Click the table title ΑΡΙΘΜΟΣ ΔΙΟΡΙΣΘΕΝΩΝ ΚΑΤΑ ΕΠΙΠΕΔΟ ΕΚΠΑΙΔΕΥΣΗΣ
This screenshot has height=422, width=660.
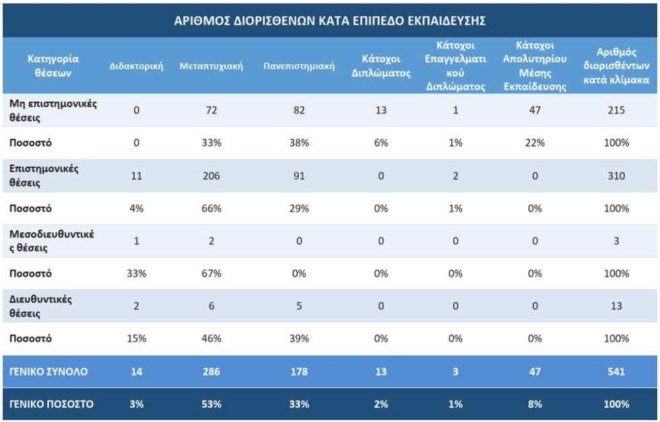pos(329,21)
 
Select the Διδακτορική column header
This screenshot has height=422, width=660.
pos(136,66)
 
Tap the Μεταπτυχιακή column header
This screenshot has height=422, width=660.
pos(211,66)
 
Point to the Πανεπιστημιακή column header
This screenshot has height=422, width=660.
pos(299,66)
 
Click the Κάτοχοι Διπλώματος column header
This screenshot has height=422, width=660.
pos(381,66)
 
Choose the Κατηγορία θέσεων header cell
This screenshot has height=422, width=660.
pos(53,65)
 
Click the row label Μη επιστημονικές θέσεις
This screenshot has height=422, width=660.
pos(53,111)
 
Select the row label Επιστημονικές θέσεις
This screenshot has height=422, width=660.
pos(44,176)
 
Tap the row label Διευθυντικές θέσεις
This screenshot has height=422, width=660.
pos(40,306)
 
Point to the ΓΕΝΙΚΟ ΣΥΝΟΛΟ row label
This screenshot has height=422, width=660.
pos(48,371)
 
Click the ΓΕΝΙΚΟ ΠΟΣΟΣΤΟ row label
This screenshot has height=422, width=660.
pos(51,404)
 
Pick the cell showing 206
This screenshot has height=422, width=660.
pos(211,176)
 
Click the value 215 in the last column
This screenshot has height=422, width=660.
pos(616,111)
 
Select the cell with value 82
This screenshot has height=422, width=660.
pos(299,111)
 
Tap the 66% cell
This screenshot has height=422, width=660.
pos(211,208)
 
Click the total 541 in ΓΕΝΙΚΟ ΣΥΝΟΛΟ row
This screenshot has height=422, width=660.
pos(616,371)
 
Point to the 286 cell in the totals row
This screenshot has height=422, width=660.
pos(211,371)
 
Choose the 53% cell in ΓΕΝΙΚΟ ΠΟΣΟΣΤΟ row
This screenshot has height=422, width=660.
pos(211,404)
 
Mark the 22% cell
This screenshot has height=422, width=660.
pos(535,143)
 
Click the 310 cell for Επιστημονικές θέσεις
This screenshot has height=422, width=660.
pos(616,176)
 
